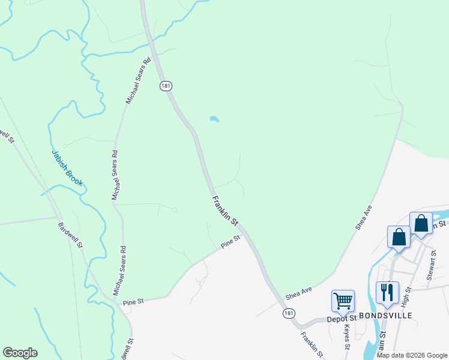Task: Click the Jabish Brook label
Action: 67,168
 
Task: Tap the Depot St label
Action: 342,319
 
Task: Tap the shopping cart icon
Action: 343,300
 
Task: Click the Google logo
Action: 20,353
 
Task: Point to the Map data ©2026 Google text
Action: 412,355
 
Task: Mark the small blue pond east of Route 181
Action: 214,119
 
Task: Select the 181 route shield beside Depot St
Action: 289,313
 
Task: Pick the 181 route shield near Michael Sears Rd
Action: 166,86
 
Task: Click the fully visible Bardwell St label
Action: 71,236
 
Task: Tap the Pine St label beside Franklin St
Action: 230,242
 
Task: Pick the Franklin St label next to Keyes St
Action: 312,345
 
